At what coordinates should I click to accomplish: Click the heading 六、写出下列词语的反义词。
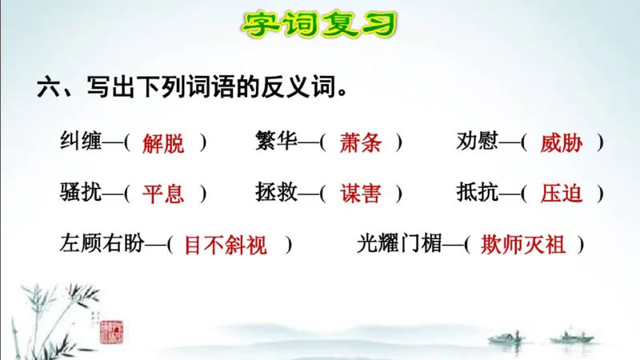(192, 87)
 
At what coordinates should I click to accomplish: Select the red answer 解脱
(163, 143)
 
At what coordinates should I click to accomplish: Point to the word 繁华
(277, 142)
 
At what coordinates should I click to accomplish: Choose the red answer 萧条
(361, 143)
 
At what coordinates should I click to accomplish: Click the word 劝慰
(477, 142)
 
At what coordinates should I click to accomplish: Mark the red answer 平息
(163, 194)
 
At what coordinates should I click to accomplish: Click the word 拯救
(277, 193)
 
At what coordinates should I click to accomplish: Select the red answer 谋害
(361, 194)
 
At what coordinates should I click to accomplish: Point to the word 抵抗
(477, 193)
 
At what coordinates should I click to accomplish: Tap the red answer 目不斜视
(226, 245)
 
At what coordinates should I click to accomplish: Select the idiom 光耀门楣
(399, 243)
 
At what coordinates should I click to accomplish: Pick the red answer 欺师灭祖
(523, 245)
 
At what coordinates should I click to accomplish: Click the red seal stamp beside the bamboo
(108, 330)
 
